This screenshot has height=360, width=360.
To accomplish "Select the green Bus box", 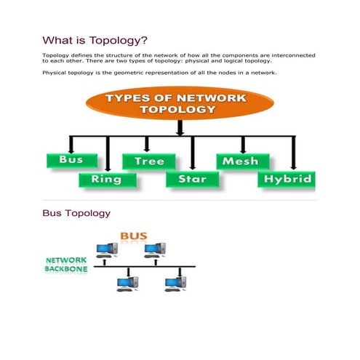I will point(71,160).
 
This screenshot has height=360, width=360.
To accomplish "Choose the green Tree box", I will point(148,161).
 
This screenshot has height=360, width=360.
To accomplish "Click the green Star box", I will point(191,178).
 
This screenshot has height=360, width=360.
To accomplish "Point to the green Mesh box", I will point(242,161).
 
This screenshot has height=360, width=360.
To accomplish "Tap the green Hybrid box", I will point(288,178).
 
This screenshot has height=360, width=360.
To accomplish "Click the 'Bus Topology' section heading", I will point(76,213).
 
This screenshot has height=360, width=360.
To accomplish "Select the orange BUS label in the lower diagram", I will point(133,236).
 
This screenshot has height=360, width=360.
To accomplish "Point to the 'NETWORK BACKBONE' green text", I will point(66,264).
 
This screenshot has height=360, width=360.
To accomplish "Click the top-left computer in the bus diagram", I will point(105,250).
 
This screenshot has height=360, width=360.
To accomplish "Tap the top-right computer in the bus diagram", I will point(153,250).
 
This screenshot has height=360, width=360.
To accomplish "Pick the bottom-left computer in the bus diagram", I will point(128,281).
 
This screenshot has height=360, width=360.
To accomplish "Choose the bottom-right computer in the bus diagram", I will point(174,281).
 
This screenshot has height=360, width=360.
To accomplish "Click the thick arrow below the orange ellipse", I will point(180,128).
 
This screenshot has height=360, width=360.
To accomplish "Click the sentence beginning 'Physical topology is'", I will point(159,73).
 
